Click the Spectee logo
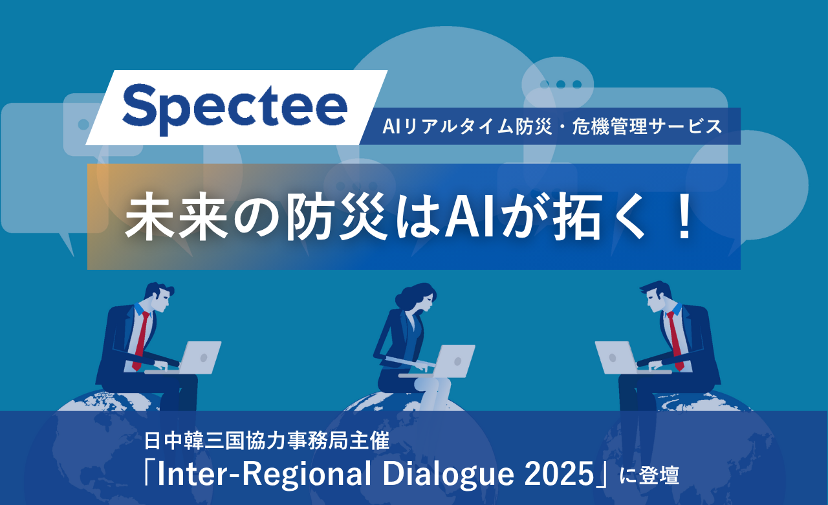pyautogui.click(x=235, y=107)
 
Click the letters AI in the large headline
pyautogui.click(x=470, y=216)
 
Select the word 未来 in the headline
pyautogui.click(x=176, y=216)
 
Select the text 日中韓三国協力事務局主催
pyautogui.click(x=267, y=441)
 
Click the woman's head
pyautogui.click(x=417, y=297)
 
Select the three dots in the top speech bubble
pyautogui.click(x=560, y=84)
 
